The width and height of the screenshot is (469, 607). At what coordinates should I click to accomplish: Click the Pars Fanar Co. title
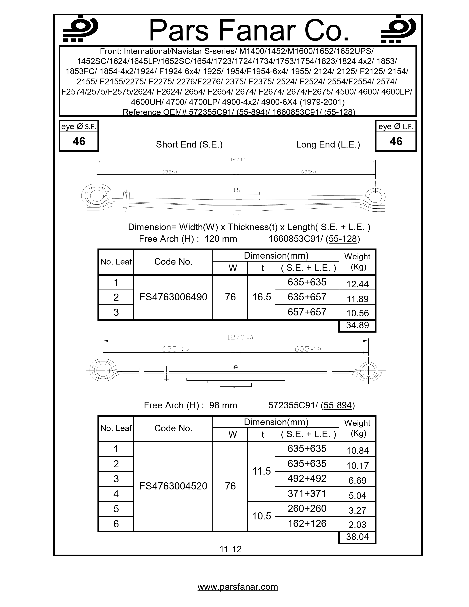pos(249,31)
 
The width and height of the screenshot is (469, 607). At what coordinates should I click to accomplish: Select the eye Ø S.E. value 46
pos(79,141)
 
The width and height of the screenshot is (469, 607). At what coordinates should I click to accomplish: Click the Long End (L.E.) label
pos(328,145)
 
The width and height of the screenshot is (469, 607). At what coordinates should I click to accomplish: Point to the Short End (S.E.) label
pos(189,145)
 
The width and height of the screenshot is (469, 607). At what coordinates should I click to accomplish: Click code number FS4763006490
pos(173,297)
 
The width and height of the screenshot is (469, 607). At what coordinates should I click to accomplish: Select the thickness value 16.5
pos(262,297)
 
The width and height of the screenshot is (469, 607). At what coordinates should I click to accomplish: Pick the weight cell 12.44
pos(357,284)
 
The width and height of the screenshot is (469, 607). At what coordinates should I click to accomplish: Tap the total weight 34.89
pos(357,325)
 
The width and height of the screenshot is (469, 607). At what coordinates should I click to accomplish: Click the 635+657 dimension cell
pos(307,297)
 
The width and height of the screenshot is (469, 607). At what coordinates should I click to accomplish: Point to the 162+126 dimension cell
pos(307,524)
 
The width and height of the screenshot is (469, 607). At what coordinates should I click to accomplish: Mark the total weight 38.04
pos(357,537)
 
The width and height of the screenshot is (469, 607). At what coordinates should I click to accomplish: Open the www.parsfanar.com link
pos(238,587)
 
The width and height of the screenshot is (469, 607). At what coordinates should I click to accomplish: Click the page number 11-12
pos(230,549)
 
